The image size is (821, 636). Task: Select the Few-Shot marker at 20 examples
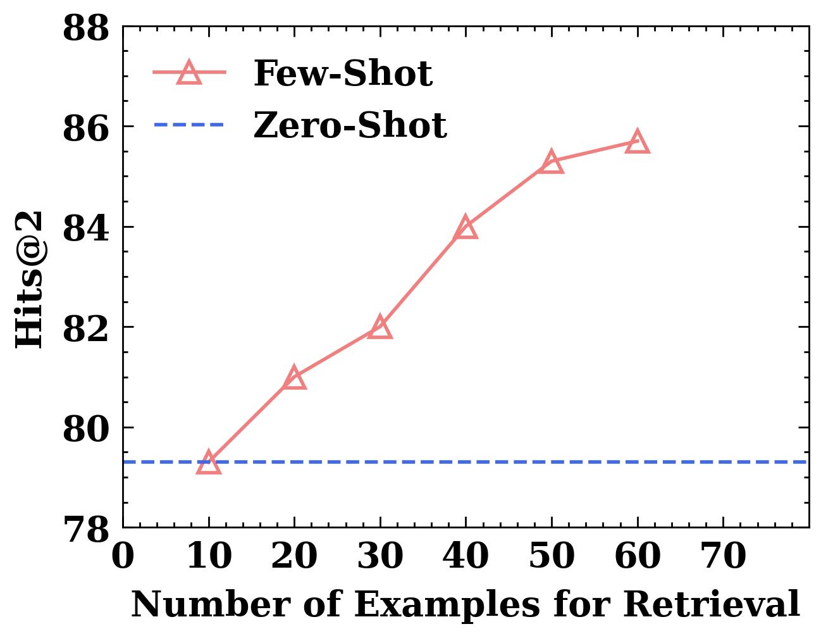coord(294,378)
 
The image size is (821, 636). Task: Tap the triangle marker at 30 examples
coord(380,327)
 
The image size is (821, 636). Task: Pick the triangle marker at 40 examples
coord(466,227)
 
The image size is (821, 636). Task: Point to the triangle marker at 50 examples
coord(552,162)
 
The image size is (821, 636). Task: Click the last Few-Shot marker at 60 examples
coord(637,142)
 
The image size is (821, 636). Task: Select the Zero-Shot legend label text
coord(350,125)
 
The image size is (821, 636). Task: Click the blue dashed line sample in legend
coord(189,125)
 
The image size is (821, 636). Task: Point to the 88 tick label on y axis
coord(86,29)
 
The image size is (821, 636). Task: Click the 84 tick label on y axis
coord(86,228)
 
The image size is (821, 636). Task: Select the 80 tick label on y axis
coord(86,429)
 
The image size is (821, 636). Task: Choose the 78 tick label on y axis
coord(86,529)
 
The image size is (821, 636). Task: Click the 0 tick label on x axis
coord(123,558)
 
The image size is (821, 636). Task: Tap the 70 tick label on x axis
coord(723,558)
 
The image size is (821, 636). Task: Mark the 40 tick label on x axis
coord(466,558)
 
